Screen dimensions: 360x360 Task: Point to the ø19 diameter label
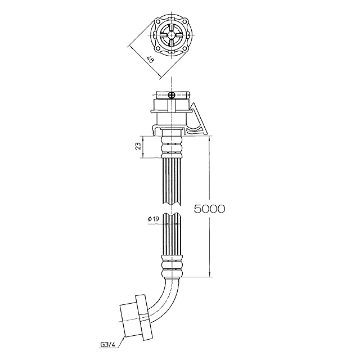151,220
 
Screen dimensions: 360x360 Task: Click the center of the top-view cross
171,35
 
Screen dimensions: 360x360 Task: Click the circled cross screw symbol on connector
173,96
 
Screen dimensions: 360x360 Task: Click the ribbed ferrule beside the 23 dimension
172,148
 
